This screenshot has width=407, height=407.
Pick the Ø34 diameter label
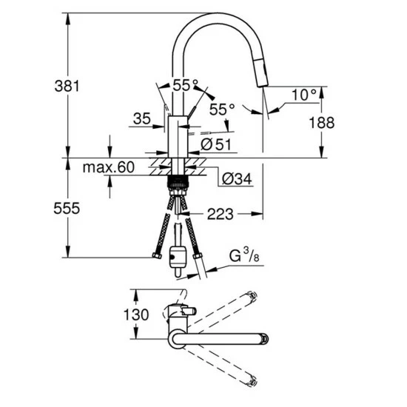pyautogui.click(x=235, y=178)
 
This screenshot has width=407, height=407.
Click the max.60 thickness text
pyautogui.click(x=109, y=169)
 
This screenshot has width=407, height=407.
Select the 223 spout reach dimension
pyautogui.click(x=221, y=215)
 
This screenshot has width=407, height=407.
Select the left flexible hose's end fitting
pyautogui.click(x=156, y=257)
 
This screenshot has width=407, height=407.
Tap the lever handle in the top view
pyautogui.click(x=186, y=311)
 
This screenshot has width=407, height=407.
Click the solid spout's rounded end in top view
pyautogui.click(x=262, y=340)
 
